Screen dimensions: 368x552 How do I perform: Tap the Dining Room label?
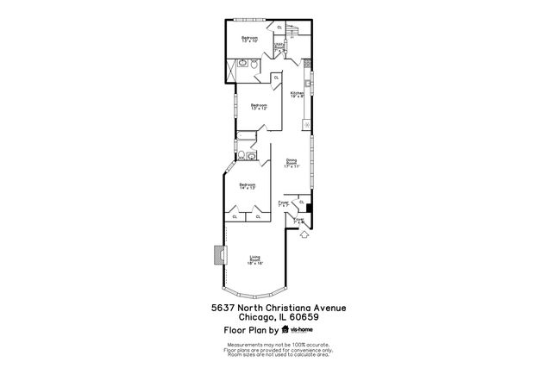292,164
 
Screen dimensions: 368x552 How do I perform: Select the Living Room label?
255,259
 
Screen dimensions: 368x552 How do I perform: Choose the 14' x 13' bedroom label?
248,186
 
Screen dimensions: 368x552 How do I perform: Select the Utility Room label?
279,47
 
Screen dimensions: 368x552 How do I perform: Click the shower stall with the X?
231,70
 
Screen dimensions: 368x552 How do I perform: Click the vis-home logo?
298,329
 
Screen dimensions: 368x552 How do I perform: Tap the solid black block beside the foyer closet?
309,207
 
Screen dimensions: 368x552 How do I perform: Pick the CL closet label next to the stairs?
279,28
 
